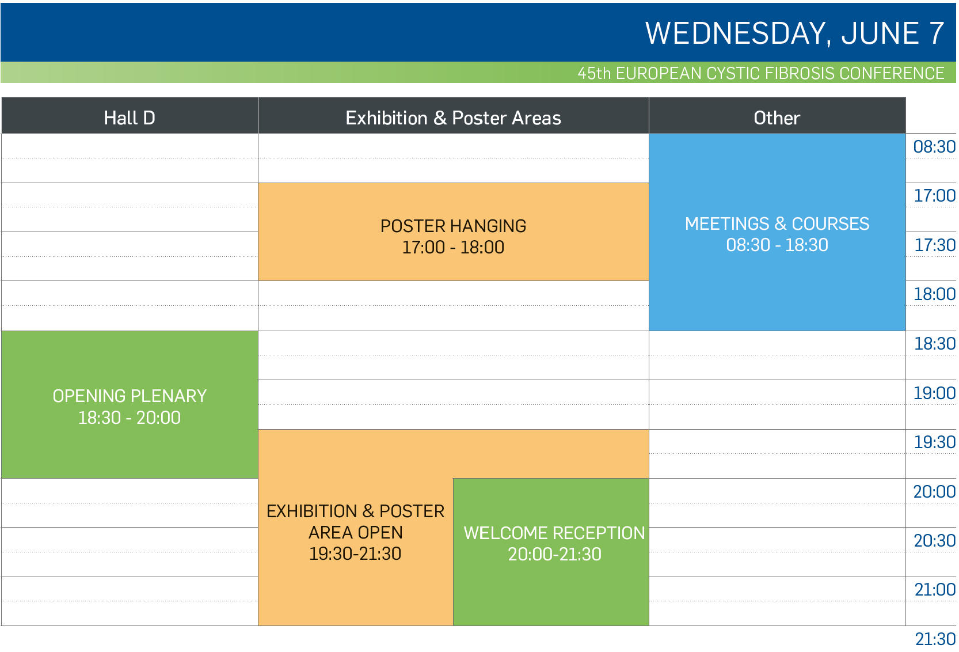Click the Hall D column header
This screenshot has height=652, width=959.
[130, 116]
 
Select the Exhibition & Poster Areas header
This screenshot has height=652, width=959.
[454, 116]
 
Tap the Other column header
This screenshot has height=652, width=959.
[777, 116]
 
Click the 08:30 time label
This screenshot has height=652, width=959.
[934, 147]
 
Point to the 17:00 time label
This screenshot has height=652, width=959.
[935, 196]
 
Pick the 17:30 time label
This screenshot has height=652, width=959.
[935, 245]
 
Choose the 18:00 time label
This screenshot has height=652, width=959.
[935, 294]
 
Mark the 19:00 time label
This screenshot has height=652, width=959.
[935, 393]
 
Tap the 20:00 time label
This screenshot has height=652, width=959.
[934, 491]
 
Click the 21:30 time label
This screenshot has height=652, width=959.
[935, 639]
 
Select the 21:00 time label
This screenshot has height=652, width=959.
[935, 590]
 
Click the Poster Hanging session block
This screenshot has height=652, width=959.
[454, 232]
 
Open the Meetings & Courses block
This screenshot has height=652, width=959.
[777, 232]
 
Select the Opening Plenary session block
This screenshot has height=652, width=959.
[130, 404]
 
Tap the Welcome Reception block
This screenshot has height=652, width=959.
[551, 552]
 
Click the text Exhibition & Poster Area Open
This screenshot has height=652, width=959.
[355, 522]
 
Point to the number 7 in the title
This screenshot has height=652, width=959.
[937, 33]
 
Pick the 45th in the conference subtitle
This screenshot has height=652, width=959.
[594, 73]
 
